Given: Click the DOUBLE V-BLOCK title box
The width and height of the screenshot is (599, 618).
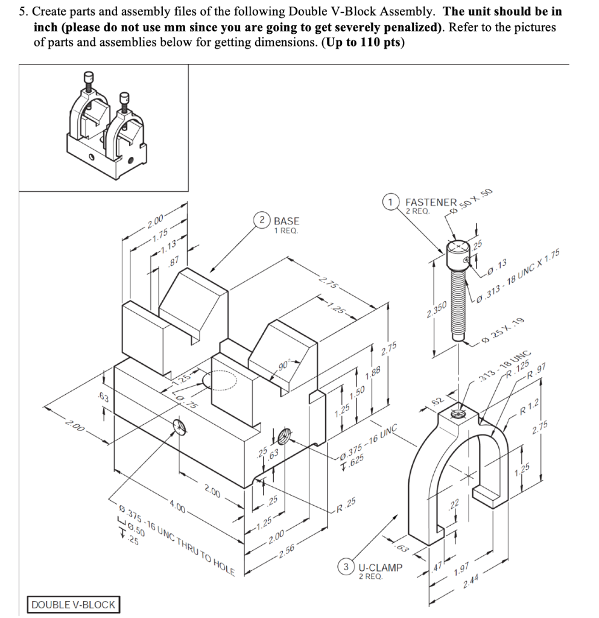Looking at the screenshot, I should (73, 604).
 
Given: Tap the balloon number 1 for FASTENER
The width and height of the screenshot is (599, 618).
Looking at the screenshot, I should (392, 202).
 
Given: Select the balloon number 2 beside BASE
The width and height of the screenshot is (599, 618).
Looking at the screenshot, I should (264, 220).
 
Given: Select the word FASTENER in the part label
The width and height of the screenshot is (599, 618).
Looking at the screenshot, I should (431, 202).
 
